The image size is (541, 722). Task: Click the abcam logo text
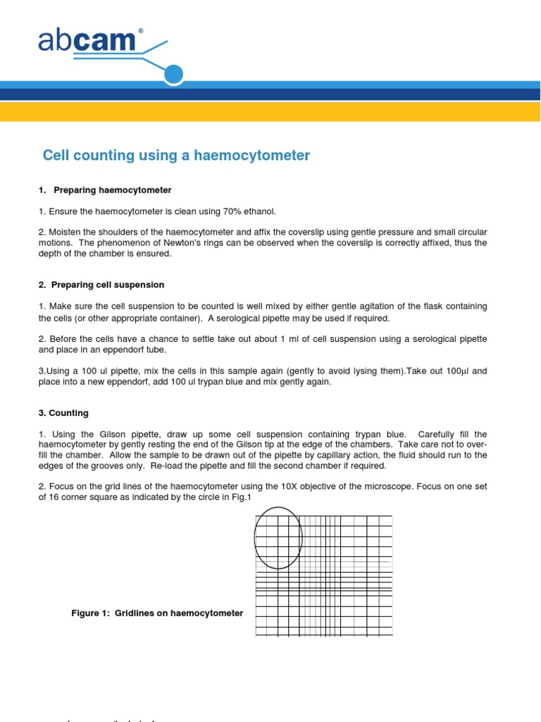click(x=86, y=42)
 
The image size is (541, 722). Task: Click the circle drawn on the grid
click(x=278, y=537)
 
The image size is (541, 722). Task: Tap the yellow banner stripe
click(x=270, y=111)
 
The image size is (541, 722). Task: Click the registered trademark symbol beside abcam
click(x=140, y=32)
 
